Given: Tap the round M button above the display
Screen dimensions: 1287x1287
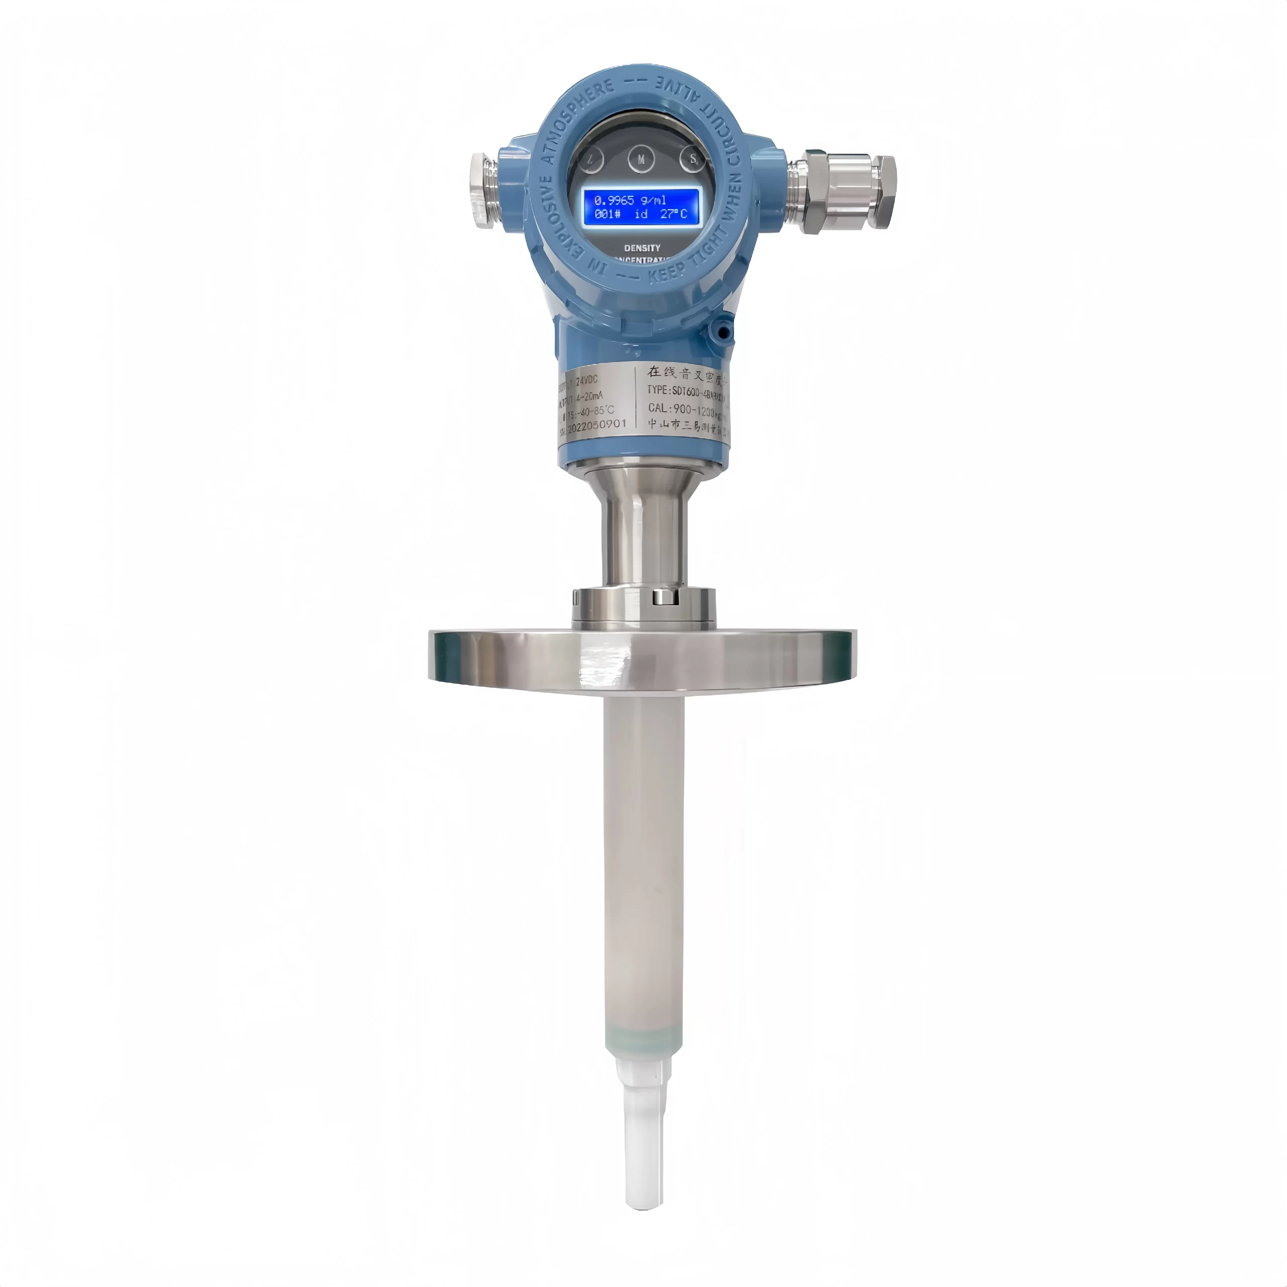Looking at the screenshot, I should coord(641,160).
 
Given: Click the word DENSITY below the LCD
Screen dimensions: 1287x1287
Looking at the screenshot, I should coord(642,248).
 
